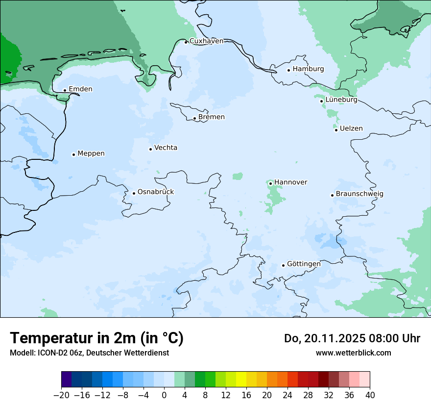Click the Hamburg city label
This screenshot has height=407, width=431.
coord(308,69)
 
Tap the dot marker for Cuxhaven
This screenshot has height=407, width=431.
coord(186,42)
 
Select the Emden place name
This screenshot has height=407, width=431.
coord(80,89)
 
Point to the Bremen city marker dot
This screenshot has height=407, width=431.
coord(194,118)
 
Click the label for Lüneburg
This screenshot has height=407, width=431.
coord(341,100)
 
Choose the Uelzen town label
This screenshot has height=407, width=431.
coord(351,129)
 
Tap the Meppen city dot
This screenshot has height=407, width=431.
coord(73,154)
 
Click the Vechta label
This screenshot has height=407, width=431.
coord(166,148)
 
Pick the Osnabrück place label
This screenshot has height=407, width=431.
coord(156,192)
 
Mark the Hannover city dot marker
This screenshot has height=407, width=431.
coord(270,183)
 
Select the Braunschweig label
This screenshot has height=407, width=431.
coord(359,194)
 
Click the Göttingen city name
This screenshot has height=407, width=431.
coord(304,264)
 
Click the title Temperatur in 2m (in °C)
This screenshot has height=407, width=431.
coord(96,338)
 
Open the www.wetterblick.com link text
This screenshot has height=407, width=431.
coord(353,353)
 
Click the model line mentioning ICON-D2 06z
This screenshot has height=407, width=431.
coord(89,353)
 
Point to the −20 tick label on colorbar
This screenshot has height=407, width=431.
coord(62,395)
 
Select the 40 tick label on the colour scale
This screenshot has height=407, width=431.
coord(370,395)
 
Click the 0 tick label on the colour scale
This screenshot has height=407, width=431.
coord(164,395)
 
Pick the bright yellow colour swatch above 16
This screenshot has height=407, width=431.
coord(241,380)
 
